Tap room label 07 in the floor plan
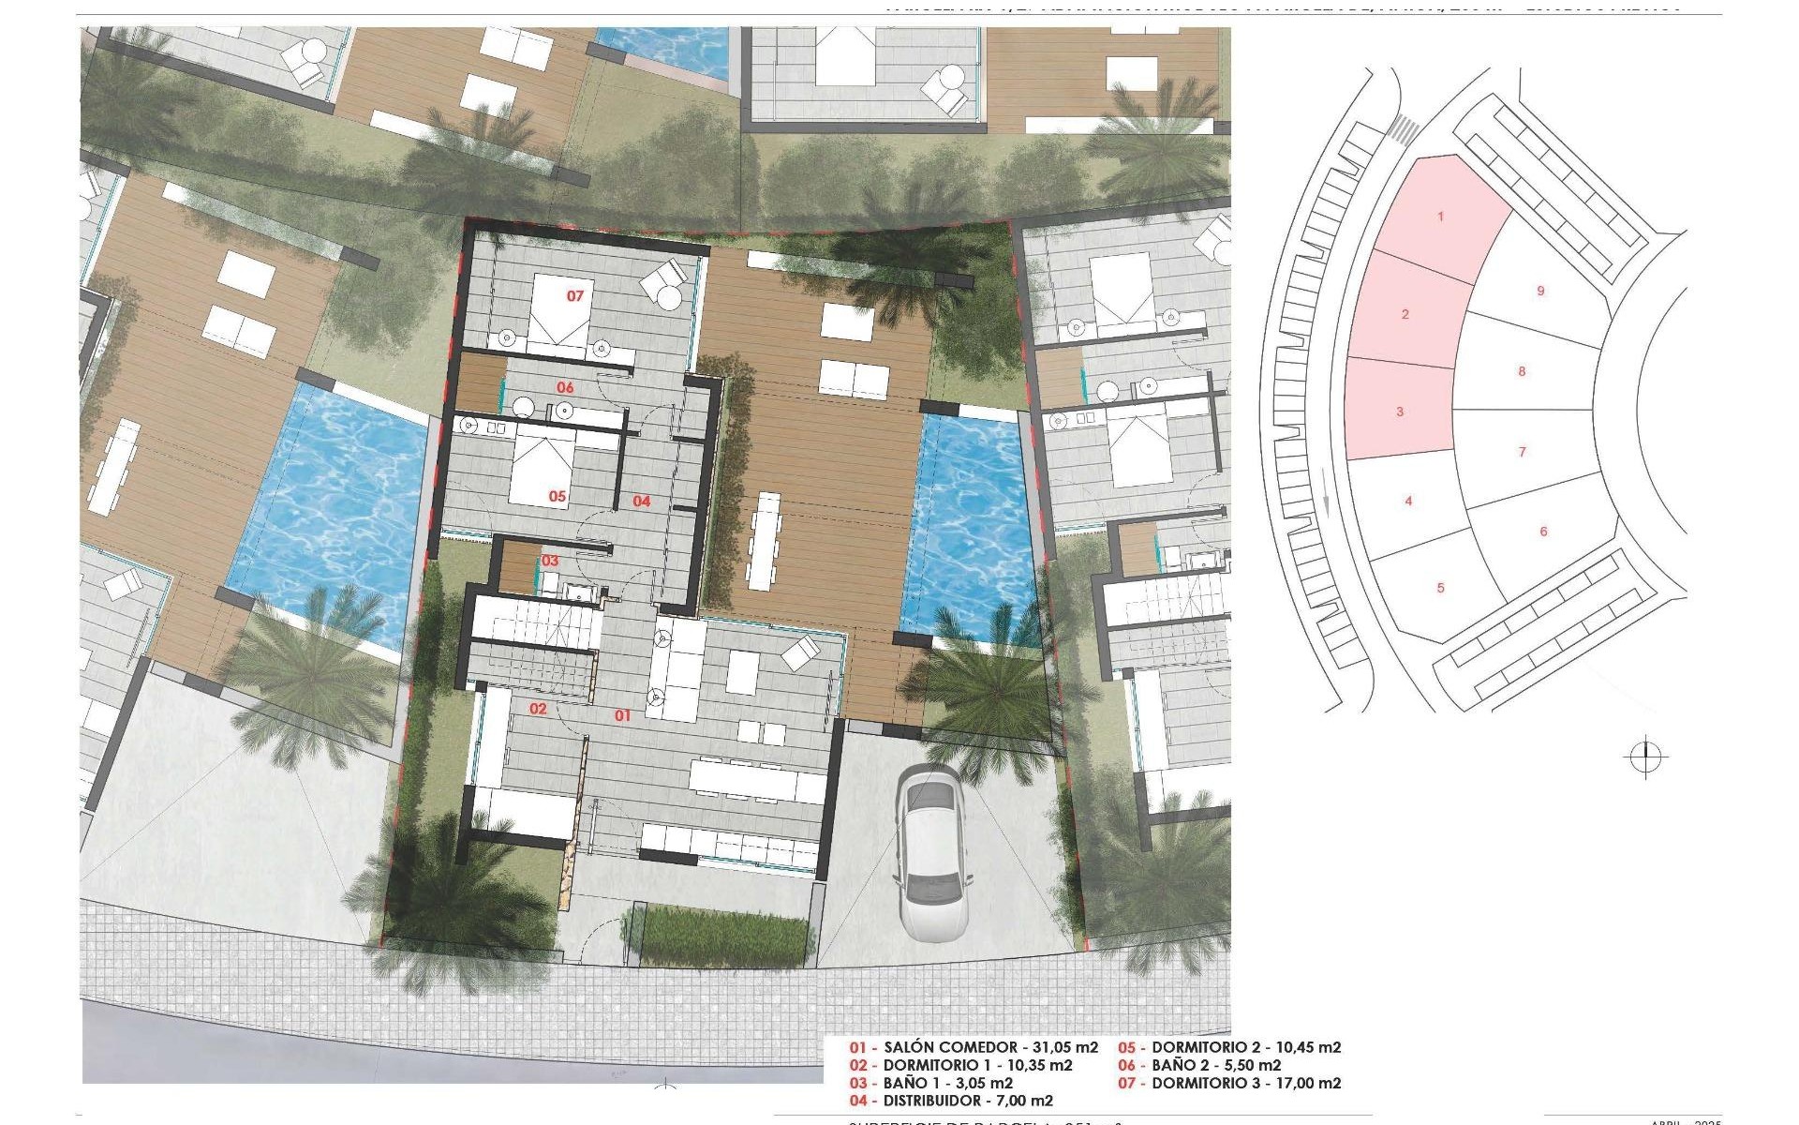[574, 295]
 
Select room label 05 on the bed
[558, 496]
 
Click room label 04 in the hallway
[641, 501]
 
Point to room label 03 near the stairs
[550, 561]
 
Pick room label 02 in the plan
[538, 709]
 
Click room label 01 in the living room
[622, 715]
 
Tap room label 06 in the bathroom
[565, 387]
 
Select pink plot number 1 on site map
[1440, 217]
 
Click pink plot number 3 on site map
[1400, 412]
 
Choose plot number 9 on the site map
[1540, 291]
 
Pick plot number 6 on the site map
[1543, 532]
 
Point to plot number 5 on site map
[1440, 588]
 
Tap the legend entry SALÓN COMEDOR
[974, 1047]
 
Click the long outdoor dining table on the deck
[766, 540]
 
